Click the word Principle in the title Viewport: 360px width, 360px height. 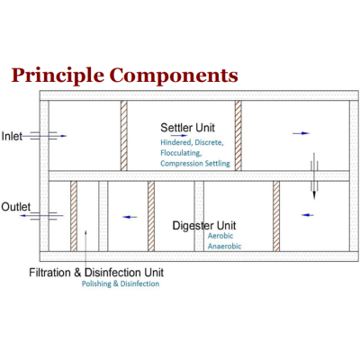click(58, 76)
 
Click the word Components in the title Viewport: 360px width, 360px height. click(174, 76)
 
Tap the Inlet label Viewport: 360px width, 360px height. click(12, 136)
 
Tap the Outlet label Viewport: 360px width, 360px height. click(16, 207)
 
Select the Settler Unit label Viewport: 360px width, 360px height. click(187, 128)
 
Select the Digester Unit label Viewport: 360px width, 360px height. click(204, 226)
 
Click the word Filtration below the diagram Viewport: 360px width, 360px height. click(50, 273)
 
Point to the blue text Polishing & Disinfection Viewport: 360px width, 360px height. click(121, 283)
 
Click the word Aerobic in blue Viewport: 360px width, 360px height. click(220, 236)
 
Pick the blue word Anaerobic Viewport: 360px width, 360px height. click(224, 247)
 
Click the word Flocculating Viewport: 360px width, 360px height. click(181, 153)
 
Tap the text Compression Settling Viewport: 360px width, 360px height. click(195, 164)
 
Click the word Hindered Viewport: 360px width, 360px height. click(175, 142)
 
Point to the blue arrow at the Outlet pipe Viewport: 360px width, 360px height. click(41, 215)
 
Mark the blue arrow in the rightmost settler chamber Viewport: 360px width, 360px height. click(301, 133)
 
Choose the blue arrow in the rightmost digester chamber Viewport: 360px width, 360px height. click(308, 215)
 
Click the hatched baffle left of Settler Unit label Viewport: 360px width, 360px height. click(124, 136)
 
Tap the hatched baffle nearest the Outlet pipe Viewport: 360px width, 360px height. click(74, 216)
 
